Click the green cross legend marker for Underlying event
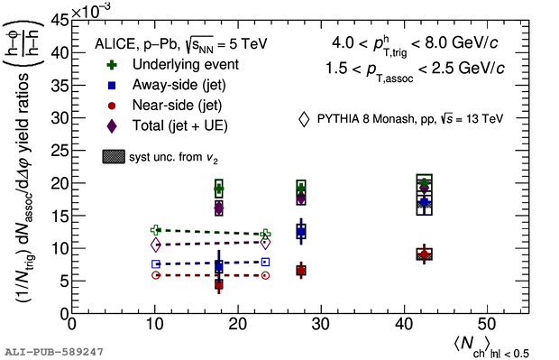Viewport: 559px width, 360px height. point(112,65)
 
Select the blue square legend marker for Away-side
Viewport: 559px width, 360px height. point(112,86)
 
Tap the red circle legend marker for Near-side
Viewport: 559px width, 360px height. point(112,106)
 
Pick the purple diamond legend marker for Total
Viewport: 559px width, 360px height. point(112,126)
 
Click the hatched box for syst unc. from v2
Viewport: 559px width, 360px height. point(114,157)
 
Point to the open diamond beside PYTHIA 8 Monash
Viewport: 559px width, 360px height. point(304,119)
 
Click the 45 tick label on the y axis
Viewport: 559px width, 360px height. point(60,21)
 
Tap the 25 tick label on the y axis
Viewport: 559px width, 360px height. point(60,151)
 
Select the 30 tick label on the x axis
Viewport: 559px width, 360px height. point(321,325)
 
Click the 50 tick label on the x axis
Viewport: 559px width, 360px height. point(487,325)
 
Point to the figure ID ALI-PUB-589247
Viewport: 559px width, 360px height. point(54,352)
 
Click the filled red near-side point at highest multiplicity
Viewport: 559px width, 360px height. point(425,254)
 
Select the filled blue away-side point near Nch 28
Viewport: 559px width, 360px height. point(301,232)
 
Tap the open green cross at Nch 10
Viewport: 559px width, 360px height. point(156,230)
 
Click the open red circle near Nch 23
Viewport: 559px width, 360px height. point(265,275)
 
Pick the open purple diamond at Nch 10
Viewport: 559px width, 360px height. point(156,245)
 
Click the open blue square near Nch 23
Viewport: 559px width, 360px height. point(265,263)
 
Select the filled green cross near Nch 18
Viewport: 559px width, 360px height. point(219,189)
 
